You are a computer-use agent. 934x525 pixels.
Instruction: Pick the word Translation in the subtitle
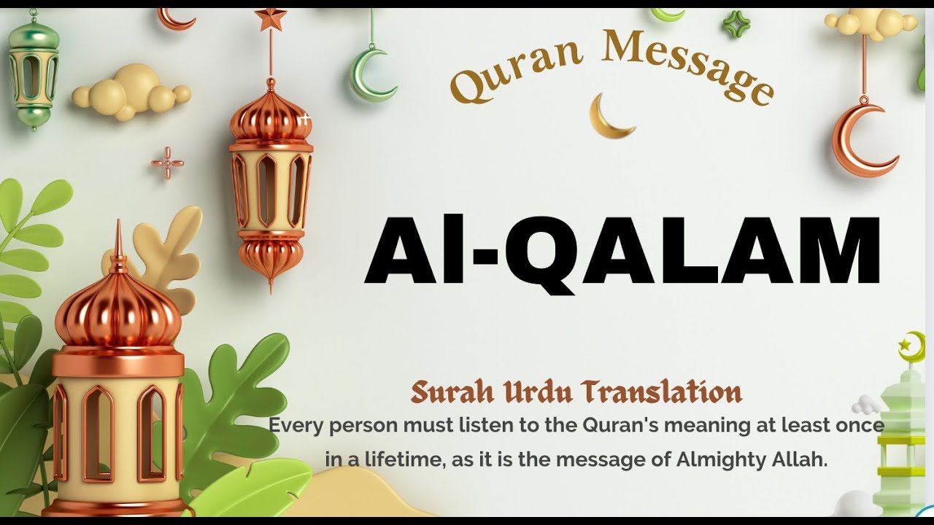[x=661, y=393]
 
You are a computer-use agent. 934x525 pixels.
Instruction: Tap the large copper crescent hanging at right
[x=861, y=142]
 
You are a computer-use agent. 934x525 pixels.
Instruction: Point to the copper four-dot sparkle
[x=167, y=163]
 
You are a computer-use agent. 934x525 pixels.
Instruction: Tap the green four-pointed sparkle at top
[x=736, y=23]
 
